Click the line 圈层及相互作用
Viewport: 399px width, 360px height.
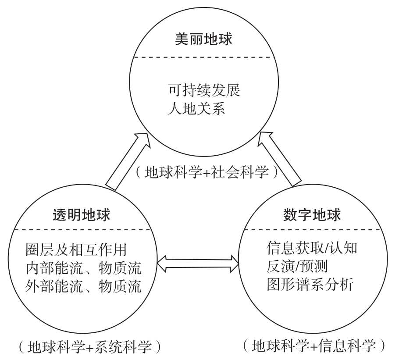click(76, 250)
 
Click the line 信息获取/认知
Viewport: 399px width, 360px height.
click(312, 250)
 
